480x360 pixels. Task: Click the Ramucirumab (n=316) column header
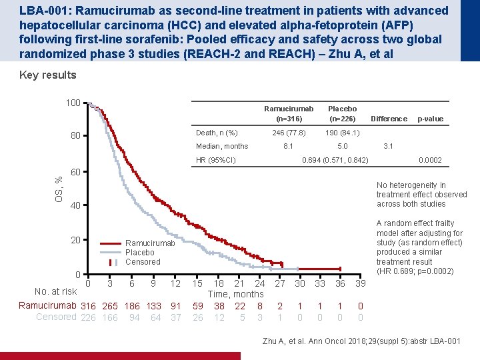(x=289, y=113)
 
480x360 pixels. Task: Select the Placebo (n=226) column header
(x=342, y=113)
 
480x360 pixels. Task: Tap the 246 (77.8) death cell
(x=289, y=133)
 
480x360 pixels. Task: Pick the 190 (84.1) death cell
(x=342, y=133)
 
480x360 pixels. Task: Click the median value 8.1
(x=288, y=146)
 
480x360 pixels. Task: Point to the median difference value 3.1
(x=388, y=146)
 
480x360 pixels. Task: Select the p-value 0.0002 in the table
(x=430, y=160)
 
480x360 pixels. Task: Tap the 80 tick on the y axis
(x=75, y=135)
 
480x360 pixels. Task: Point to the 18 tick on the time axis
(x=219, y=283)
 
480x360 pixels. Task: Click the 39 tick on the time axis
(x=360, y=283)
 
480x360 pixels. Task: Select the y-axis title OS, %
(x=59, y=189)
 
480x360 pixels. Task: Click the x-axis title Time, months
(x=236, y=294)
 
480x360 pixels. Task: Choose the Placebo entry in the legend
(x=139, y=253)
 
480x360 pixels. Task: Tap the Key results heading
(x=48, y=75)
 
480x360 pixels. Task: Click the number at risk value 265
(x=110, y=306)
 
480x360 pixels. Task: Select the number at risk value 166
(x=110, y=317)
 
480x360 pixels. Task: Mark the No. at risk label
(x=56, y=291)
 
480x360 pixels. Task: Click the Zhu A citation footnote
(x=361, y=341)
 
